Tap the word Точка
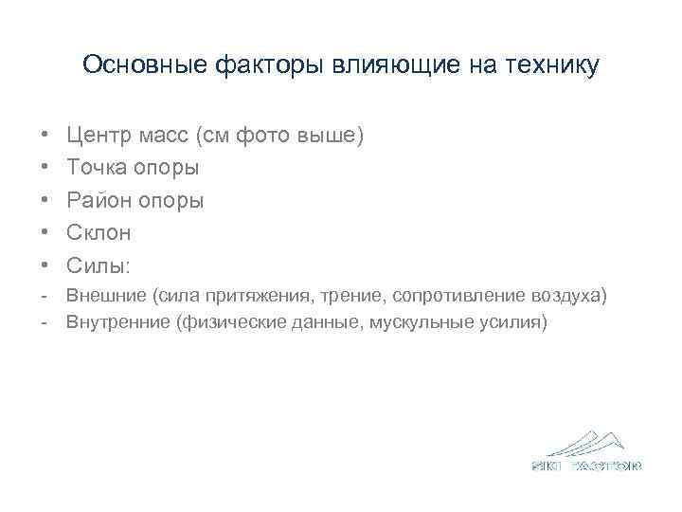[x=98, y=168]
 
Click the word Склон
[x=99, y=232]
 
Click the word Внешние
[x=106, y=296]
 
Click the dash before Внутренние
[x=45, y=322]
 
